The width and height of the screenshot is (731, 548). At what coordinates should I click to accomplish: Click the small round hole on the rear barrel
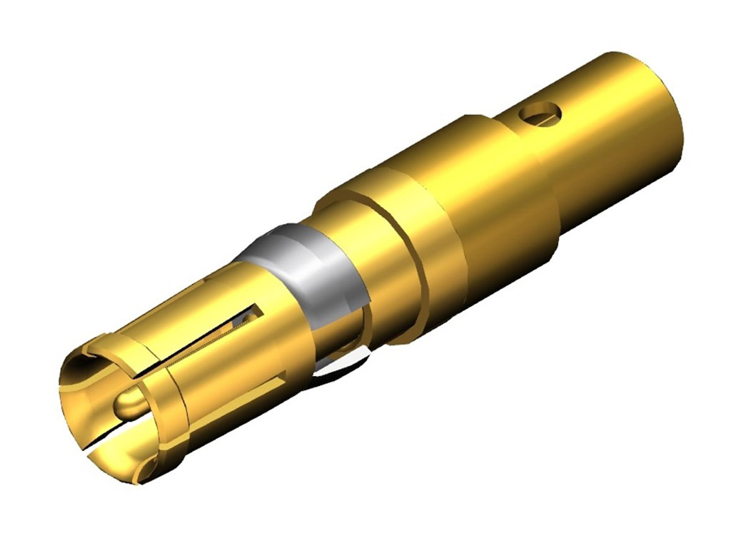click(541, 112)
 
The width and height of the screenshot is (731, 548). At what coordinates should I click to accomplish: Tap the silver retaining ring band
click(300, 264)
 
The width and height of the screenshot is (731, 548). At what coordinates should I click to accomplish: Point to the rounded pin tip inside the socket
click(129, 405)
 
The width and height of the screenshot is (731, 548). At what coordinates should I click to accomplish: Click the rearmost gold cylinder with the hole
click(607, 136)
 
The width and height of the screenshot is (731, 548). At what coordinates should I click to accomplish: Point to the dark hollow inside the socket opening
click(89, 400)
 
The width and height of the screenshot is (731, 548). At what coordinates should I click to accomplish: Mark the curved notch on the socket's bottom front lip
click(146, 471)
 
